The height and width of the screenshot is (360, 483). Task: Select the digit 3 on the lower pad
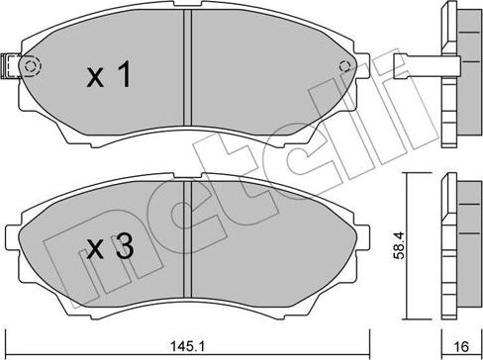[x=122, y=250]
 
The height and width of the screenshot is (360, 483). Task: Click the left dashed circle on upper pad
[x=31, y=67]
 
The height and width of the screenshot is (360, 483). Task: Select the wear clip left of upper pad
[x=10, y=65]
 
